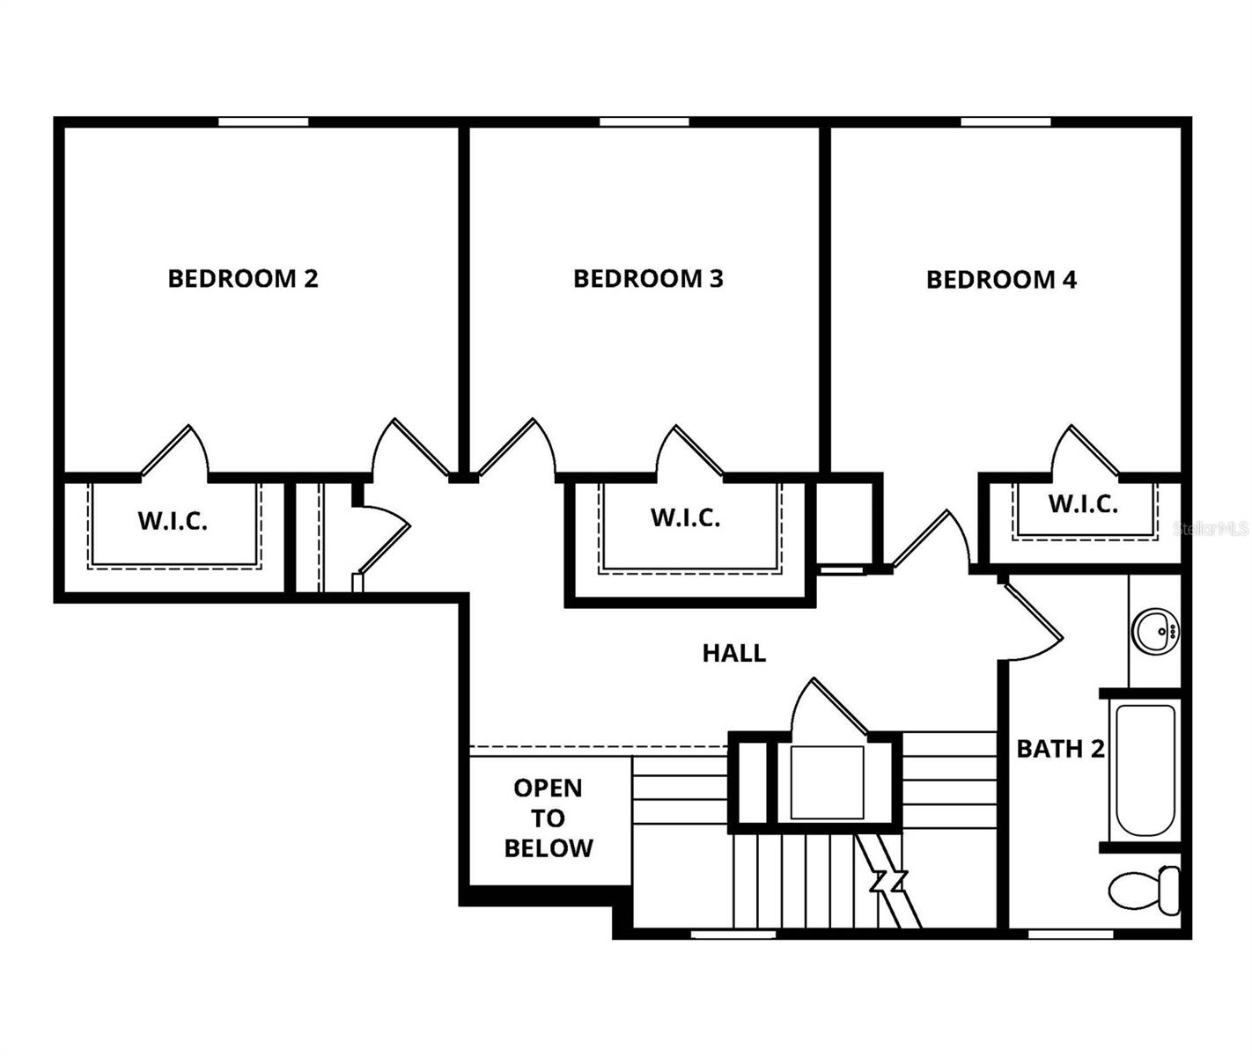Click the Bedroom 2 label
[x=242, y=279]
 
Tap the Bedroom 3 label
[x=648, y=279]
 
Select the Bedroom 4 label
[x=1001, y=280]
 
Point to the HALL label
[x=733, y=653]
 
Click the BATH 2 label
[x=1060, y=749]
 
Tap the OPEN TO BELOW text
[x=548, y=818]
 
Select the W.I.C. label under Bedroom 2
[x=173, y=521]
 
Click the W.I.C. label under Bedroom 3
[x=685, y=517]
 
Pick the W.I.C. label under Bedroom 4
[x=1083, y=504]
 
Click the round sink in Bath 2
[x=1155, y=630]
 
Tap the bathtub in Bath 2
[x=1145, y=770]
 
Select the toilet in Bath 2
[x=1145, y=891]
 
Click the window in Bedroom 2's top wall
[x=262, y=121]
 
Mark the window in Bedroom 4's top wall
[x=1005, y=121]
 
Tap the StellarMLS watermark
[x=1211, y=528]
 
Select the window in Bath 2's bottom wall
[x=1058, y=934]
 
